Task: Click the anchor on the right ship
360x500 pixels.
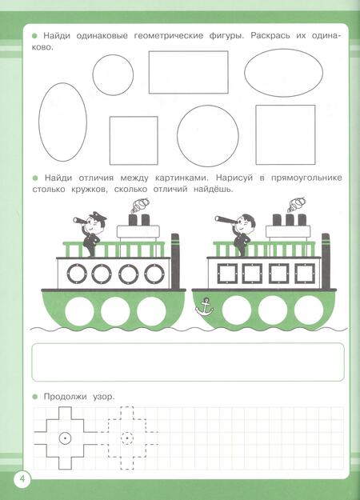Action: (x=204, y=306)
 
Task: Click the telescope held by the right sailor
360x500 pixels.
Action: (x=225, y=219)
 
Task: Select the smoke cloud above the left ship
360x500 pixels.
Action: (x=140, y=205)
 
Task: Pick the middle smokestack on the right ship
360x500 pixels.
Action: (x=290, y=220)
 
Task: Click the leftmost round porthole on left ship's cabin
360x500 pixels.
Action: (x=77, y=274)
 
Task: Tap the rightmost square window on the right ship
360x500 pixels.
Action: (x=305, y=274)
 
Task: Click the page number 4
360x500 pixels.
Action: (x=22, y=479)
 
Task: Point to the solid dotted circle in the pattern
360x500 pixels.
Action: (x=65, y=438)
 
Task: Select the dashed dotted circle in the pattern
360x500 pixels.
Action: (x=127, y=438)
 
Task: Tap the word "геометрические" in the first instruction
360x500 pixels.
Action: (x=168, y=36)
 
